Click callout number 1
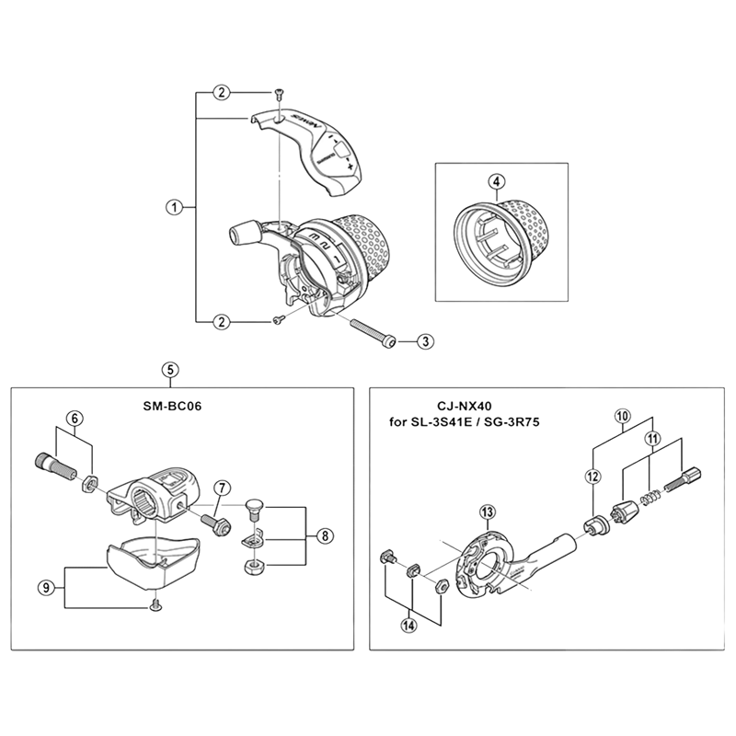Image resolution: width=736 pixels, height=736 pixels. (174, 207)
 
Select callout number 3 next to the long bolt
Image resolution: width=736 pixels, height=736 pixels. (424, 341)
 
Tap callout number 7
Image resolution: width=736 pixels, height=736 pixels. (221, 488)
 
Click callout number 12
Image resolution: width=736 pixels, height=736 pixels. (592, 476)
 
